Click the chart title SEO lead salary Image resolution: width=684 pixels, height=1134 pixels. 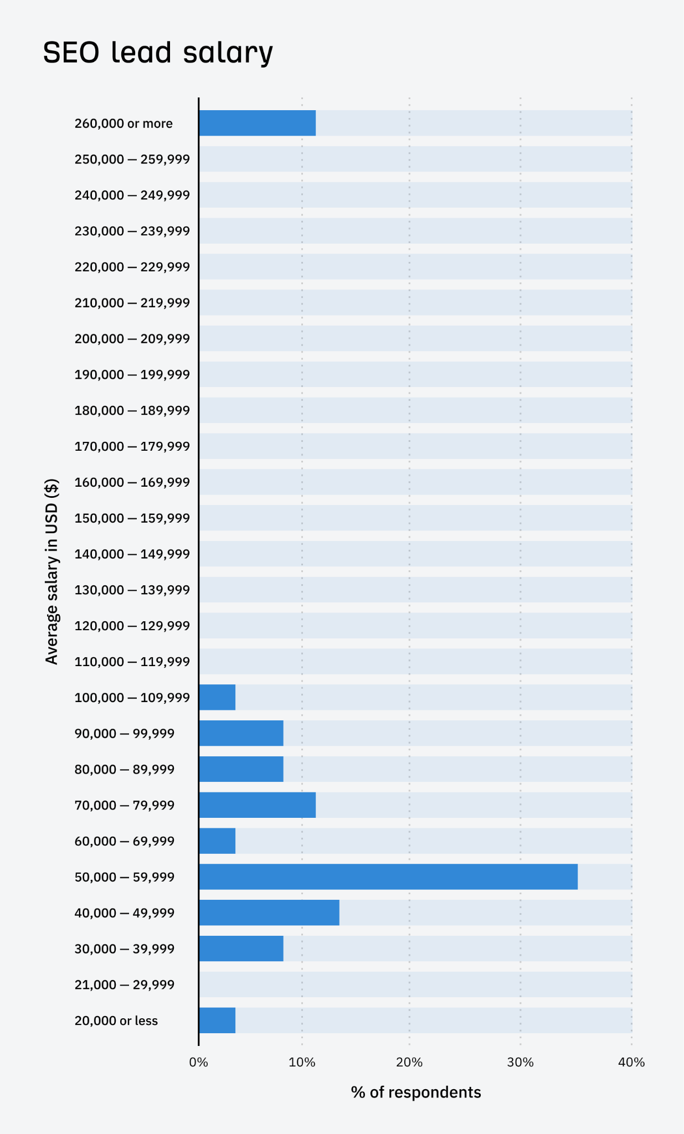(x=158, y=53)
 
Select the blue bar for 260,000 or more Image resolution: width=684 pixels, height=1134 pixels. (x=258, y=123)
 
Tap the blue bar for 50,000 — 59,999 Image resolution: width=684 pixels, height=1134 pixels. (x=388, y=877)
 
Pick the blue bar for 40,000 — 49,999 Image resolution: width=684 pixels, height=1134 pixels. (x=269, y=913)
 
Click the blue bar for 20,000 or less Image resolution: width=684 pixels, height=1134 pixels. (x=217, y=1020)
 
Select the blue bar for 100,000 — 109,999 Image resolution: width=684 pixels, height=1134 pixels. (x=217, y=697)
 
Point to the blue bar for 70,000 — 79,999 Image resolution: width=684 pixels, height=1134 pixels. (x=258, y=805)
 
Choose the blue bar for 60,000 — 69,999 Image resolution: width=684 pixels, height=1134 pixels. (x=217, y=841)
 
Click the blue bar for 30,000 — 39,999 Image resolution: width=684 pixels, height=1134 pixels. (x=241, y=949)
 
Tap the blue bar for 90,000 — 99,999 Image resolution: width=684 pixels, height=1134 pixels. (x=241, y=733)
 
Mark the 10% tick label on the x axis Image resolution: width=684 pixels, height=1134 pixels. (x=302, y=1062)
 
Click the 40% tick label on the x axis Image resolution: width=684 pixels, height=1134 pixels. (x=631, y=1062)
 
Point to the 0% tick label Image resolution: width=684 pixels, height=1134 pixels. (x=198, y=1062)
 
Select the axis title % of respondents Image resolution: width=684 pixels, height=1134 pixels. (x=416, y=1092)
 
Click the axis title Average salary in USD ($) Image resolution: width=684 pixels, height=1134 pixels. (x=52, y=571)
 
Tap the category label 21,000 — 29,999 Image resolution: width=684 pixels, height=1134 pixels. (x=125, y=984)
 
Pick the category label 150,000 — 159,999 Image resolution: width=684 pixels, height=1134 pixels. (x=132, y=518)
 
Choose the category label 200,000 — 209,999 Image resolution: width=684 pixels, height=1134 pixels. (x=132, y=338)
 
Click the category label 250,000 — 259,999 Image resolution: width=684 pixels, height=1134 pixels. (x=132, y=159)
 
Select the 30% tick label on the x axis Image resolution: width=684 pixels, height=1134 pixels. (x=520, y=1062)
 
